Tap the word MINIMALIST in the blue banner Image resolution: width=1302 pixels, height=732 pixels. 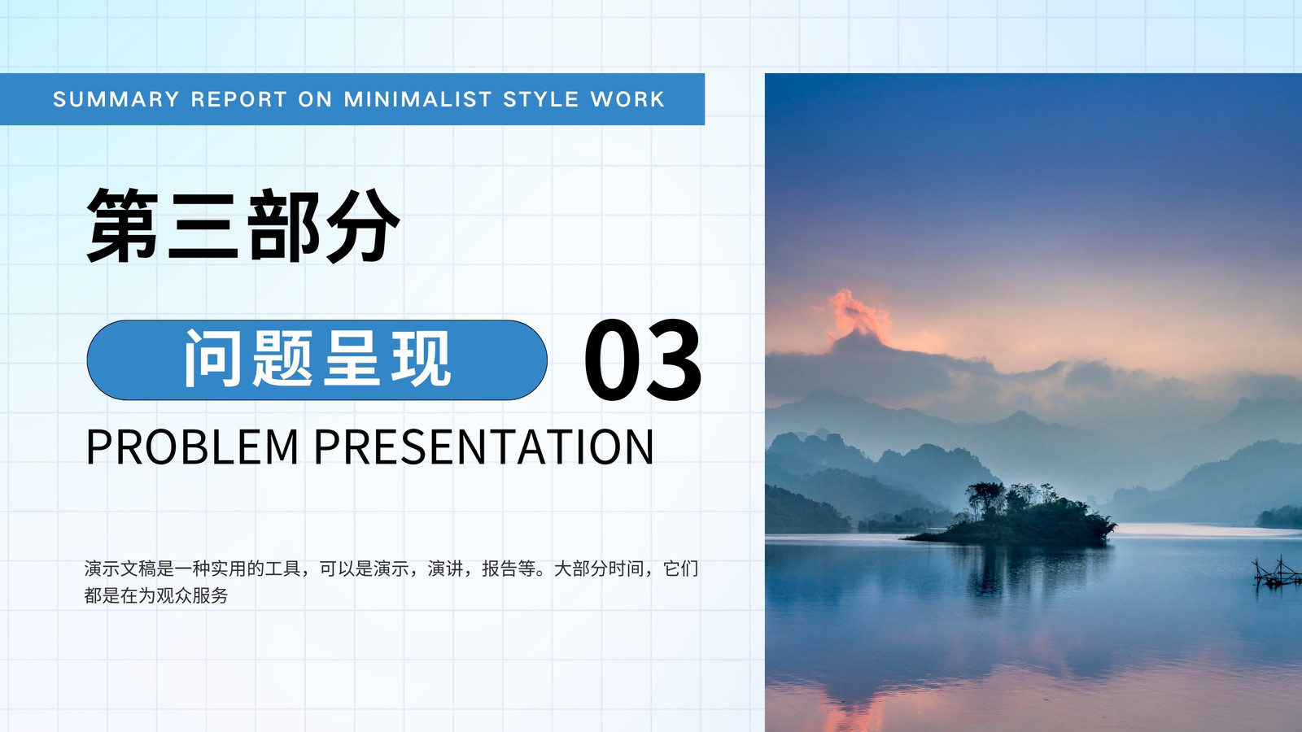pyautogui.click(x=418, y=99)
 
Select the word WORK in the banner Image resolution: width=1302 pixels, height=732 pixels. pyautogui.click(x=627, y=99)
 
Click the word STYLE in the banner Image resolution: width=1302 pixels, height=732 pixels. pyautogui.click(x=541, y=99)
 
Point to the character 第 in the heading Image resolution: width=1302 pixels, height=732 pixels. pyautogui.click(x=123, y=225)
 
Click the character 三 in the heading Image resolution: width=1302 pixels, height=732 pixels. pyautogui.click(x=203, y=225)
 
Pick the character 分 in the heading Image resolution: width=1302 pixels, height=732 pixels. pyautogui.click(x=363, y=225)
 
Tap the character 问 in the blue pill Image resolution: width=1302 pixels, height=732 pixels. pyautogui.click(x=213, y=359)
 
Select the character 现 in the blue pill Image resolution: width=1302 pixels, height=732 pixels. pyautogui.click(x=422, y=359)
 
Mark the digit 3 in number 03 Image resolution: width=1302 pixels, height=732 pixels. pyautogui.click(x=673, y=360)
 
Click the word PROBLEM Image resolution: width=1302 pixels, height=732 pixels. pyautogui.click(x=192, y=447)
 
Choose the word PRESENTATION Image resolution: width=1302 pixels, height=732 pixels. pyautogui.click(x=484, y=447)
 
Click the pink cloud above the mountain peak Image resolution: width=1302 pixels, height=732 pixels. pyautogui.click(x=858, y=316)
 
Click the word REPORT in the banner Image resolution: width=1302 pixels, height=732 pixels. pyautogui.click(x=239, y=99)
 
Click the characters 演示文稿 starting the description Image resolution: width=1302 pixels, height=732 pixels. pyautogui.click(x=120, y=569)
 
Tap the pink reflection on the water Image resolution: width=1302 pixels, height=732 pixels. pyautogui.click(x=854, y=706)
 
